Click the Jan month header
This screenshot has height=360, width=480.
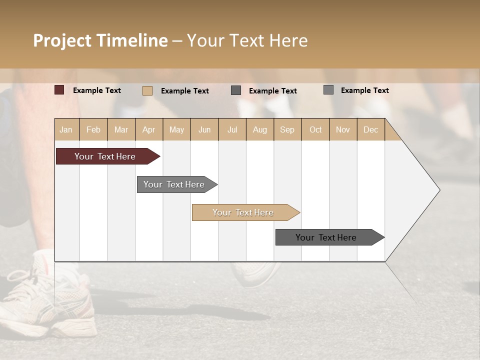tap(66, 129)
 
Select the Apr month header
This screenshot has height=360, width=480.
tap(148, 129)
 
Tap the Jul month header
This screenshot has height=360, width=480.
tap(232, 129)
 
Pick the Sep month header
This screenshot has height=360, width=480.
tap(287, 129)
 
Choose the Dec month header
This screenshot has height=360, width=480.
tap(370, 129)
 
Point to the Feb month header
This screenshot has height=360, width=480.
tap(93, 129)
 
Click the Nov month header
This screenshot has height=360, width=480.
tap(342, 129)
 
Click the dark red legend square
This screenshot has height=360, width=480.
tap(59, 90)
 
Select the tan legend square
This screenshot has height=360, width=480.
tap(147, 90)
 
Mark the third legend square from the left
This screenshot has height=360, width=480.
tap(236, 90)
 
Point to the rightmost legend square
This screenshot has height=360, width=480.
tap(328, 90)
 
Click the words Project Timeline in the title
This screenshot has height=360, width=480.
tap(100, 40)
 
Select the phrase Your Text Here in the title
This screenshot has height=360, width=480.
tap(247, 40)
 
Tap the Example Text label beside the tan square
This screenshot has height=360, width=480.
tap(184, 91)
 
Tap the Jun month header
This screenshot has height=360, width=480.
tap(204, 129)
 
